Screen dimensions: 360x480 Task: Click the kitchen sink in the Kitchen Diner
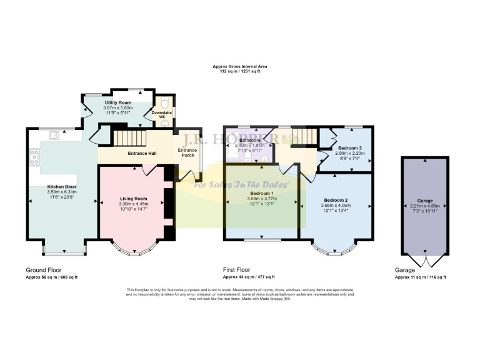pos(55,133)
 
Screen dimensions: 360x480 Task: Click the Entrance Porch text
pos(187,152)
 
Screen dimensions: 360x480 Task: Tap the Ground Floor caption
pos(42,270)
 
